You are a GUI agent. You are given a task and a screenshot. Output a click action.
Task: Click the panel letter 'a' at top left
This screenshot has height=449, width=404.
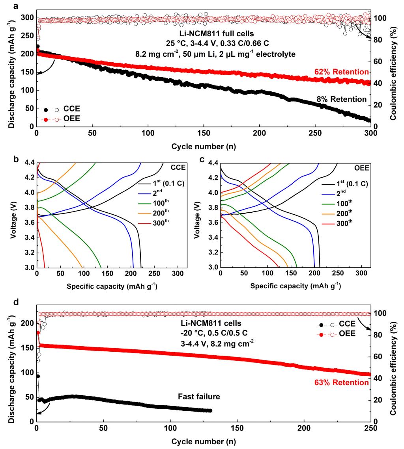(x=15, y=6)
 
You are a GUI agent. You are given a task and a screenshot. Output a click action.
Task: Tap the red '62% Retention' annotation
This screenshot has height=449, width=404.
(x=342, y=72)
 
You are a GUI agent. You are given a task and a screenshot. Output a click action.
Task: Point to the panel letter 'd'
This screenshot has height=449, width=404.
(x=15, y=304)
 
